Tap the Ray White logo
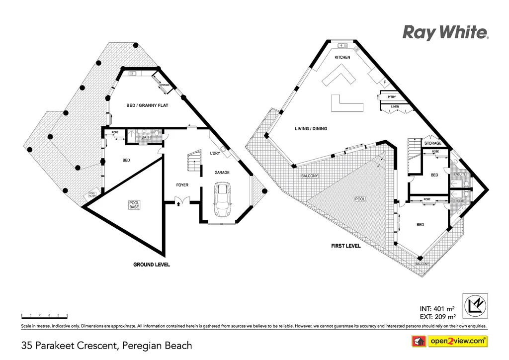coord(445,33)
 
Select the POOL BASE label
coord(135,205)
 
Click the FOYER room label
coord(182,185)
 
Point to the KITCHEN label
coord(342,58)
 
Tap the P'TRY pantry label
coord(392,97)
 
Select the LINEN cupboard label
coord(395,107)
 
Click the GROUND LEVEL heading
coord(152,265)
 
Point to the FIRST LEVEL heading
coord(346,246)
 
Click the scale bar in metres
coord(44,316)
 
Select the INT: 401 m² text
coord(438,308)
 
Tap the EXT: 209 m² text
coord(437,316)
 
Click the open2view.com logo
coord(450,341)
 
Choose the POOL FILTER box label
coord(92,194)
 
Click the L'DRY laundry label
coord(215,153)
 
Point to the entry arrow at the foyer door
coord(177,203)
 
